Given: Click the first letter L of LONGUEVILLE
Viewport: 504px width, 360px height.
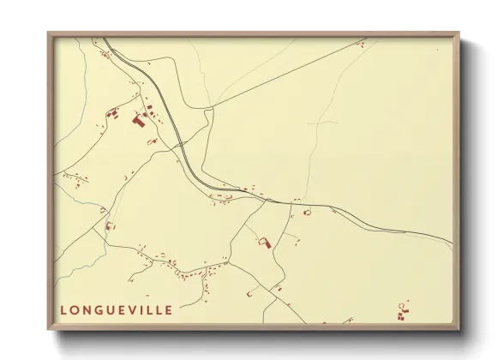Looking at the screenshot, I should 64,309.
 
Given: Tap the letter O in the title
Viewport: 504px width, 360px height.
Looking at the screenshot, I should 76,309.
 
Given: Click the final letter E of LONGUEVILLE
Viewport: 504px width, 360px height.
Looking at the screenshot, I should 169,309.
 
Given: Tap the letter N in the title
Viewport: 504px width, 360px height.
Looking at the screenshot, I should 89,309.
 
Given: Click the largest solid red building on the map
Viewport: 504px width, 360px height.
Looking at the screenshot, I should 138,122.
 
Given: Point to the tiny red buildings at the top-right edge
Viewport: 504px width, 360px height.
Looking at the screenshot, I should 362,42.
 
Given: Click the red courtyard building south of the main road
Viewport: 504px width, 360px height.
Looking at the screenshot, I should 265,243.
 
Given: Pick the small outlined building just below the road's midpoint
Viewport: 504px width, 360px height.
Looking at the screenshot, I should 307,212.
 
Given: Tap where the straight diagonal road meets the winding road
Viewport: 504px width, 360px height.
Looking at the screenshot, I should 209,108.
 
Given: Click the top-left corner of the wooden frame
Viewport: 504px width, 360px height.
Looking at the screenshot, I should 49,34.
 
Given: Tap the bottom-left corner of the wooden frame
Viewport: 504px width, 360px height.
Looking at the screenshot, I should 49,330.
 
